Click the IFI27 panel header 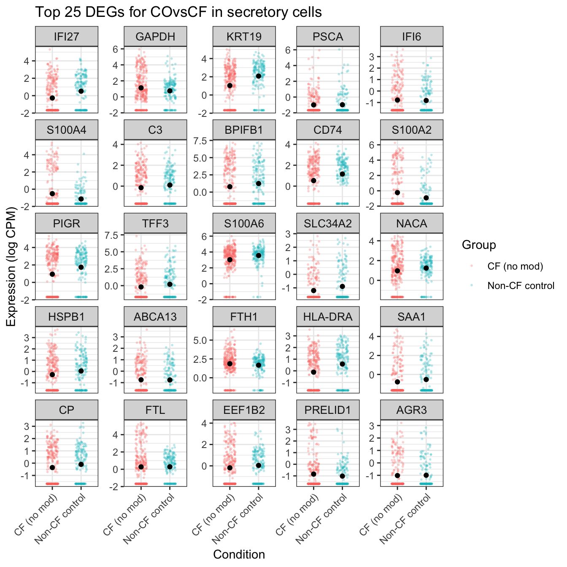click(67, 37)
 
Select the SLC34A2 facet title click(328, 224)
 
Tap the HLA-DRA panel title click(328, 317)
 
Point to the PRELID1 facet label click(328, 410)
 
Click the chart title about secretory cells click(178, 12)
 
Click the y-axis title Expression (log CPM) click(11, 267)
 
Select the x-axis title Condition click(239, 554)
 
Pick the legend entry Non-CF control click(521, 286)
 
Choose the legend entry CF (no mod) click(515, 266)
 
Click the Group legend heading click(479, 245)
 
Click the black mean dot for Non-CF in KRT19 click(259, 76)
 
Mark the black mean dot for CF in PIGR click(52, 274)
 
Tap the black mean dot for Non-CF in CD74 click(342, 174)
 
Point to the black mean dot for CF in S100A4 click(52, 194)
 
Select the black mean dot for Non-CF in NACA click(426, 268)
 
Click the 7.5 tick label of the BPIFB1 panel click(200, 141)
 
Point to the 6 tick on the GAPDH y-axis click(116, 49)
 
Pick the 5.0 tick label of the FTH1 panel click(200, 340)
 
